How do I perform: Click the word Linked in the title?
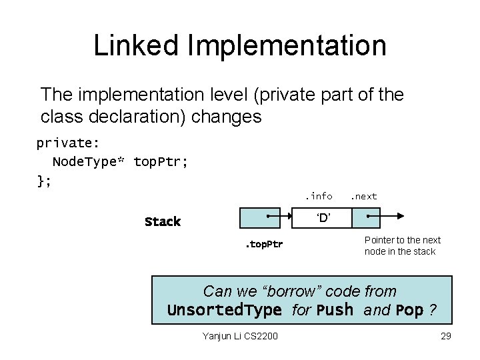[137, 45]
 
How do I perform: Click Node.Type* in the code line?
[89, 162]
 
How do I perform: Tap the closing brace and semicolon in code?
[44, 180]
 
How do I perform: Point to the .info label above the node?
[319, 196]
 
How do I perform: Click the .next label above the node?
[364, 196]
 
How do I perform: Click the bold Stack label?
[163, 221]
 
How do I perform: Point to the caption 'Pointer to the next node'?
[402, 246]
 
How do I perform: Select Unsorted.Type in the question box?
[224, 311]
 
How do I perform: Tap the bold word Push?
[335, 311]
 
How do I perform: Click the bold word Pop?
[409, 311]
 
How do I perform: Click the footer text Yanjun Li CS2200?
[240, 336]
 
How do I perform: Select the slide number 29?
[446, 336]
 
